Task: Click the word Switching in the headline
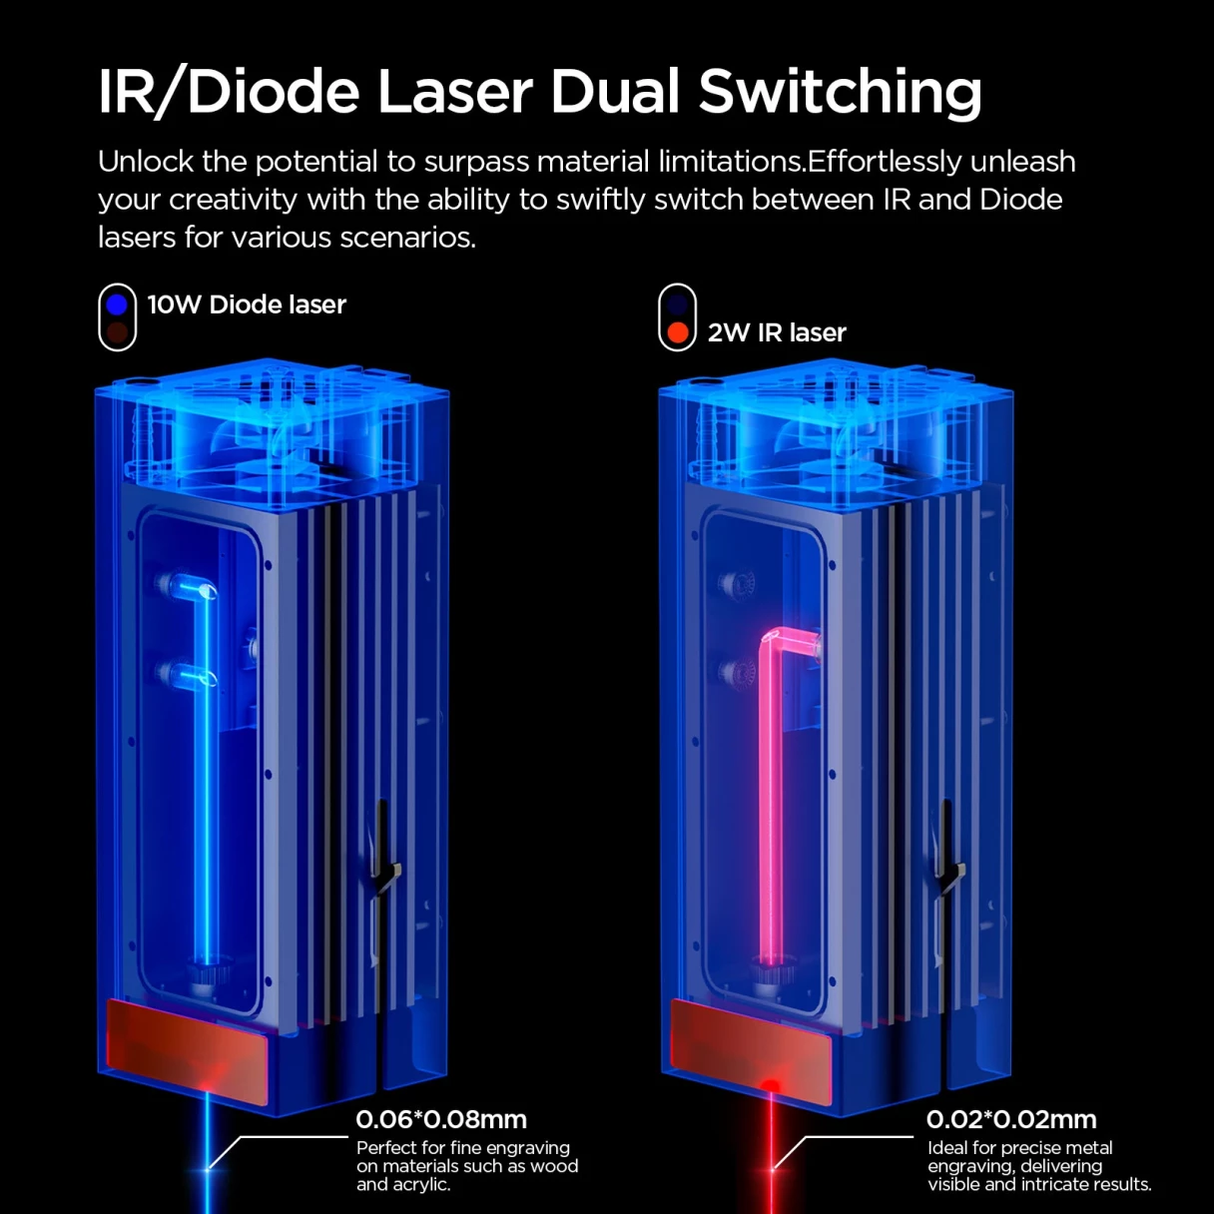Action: pyautogui.click(x=840, y=93)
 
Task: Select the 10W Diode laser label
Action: pyautogui.click(x=247, y=304)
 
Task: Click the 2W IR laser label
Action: pyautogui.click(x=777, y=332)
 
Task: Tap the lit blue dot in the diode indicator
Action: pyautogui.click(x=118, y=303)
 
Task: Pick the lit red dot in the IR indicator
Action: pyautogui.click(x=678, y=332)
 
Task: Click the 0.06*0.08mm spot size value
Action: pyautogui.click(x=441, y=1119)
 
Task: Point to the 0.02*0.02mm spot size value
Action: pyautogui.click(x=1011, y=1119)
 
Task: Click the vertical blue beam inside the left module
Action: pyautogui.click(x=210, y=799)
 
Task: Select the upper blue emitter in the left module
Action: pyautogui.click(x=185, y=585)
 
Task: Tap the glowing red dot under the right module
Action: pyautogui.click(x=771, y=1085)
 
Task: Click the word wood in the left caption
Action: pyautogui.click(x=555, y=1166)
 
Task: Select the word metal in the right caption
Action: pyautogui.click(x=1086, y=1148)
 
